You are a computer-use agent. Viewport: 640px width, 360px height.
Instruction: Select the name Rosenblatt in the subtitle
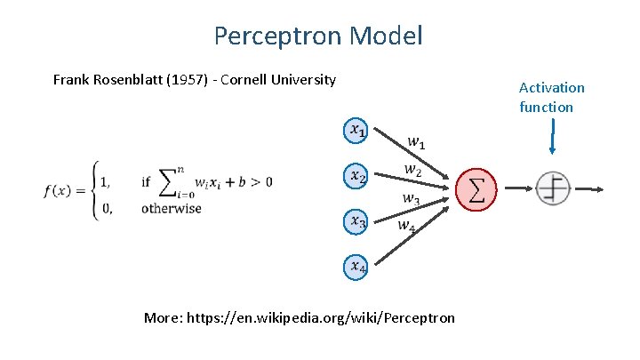point(129,80)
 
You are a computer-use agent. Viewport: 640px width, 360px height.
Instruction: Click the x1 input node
point(356,131)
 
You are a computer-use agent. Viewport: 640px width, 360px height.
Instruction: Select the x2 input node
point(356,176)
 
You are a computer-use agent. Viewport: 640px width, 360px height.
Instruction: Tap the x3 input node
point(356,220)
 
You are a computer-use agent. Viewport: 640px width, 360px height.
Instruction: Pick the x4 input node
point(356,265)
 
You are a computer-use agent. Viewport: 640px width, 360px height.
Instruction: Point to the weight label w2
point(412,169)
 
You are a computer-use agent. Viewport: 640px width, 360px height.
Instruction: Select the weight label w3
point(411,199)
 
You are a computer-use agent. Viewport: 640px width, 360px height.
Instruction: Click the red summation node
point(476,189)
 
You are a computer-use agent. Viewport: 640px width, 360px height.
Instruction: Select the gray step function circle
point(553,188)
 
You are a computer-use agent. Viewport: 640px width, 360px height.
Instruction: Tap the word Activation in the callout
point(552,88)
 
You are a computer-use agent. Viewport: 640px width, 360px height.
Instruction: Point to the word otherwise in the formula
point(171,209)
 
